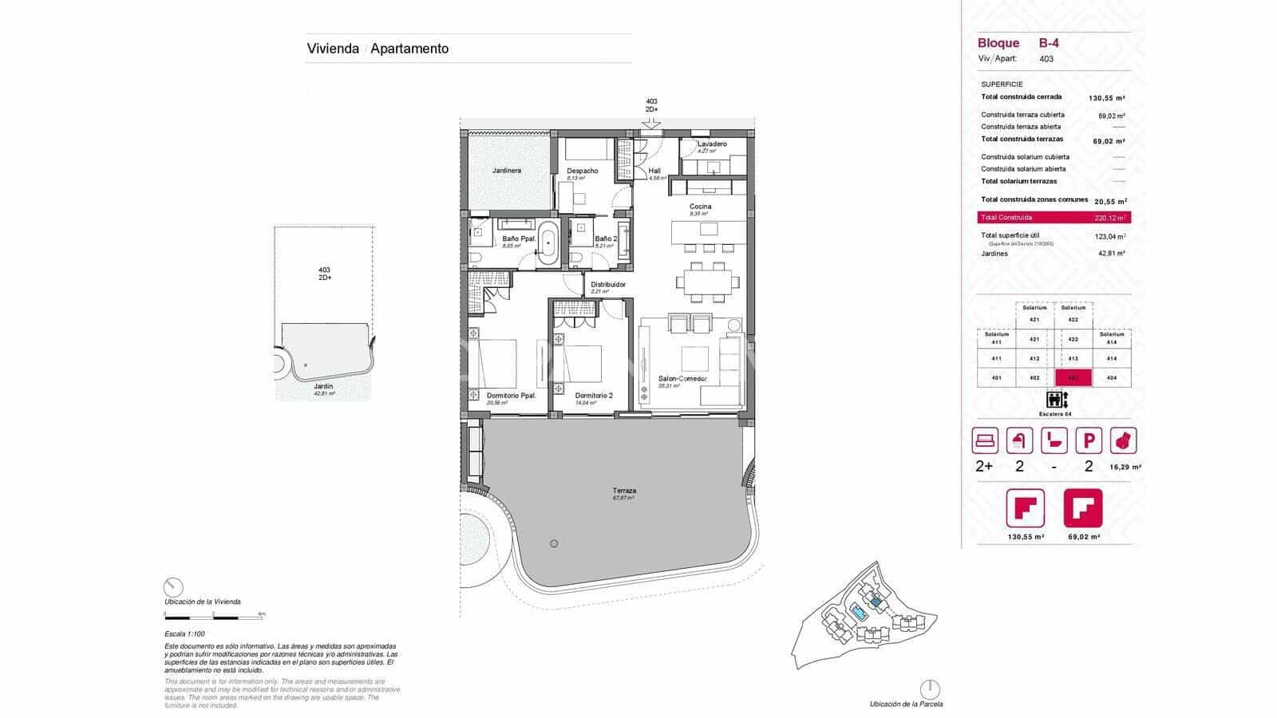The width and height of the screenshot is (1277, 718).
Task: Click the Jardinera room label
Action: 507,171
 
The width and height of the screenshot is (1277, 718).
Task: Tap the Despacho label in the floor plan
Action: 583,171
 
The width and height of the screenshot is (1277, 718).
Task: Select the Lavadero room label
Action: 712,144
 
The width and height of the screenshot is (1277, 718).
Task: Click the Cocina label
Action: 701,207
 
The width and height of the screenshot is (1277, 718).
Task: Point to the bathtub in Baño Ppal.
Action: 548,244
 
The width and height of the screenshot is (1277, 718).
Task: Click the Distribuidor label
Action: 608,284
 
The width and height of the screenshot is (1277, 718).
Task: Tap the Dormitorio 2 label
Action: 594,396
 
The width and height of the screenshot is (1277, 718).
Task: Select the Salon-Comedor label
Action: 682,379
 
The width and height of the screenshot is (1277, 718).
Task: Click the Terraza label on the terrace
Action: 624,491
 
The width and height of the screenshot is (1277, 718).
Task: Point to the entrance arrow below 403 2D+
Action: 651,123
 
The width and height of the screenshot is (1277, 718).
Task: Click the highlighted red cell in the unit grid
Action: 1073,378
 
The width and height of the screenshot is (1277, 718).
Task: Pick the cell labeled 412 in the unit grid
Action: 1034,359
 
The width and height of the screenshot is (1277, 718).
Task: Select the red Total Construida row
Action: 1054,218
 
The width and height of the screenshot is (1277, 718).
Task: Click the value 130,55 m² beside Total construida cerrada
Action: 1107,98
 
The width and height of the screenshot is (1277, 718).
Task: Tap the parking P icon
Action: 1089,440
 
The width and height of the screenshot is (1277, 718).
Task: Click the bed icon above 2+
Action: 985,440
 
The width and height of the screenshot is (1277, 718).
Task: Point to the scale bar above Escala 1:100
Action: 214,617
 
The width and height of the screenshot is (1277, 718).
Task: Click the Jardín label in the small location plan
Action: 323,386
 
